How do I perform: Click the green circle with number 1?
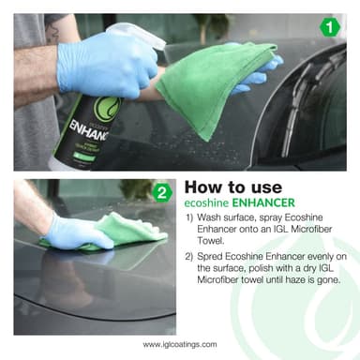click(329, 27)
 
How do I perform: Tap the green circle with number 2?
click(162, 195)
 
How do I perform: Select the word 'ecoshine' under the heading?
click(207, 202)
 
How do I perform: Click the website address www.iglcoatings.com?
click(180, 344)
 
